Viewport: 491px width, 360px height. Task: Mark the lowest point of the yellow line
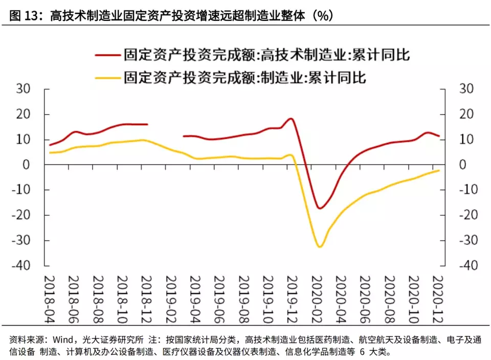[x=320, y=247]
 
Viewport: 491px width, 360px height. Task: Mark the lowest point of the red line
[x=320, y=208]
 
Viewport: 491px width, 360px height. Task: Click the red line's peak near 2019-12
[x=291, y=119]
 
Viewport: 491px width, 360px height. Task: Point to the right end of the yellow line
[x=439, y=171]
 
